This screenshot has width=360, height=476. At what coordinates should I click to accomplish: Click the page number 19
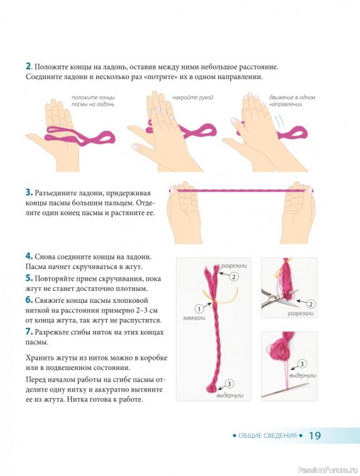click(x=314, y=436)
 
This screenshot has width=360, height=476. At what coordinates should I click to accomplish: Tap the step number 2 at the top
click(x=28, y=66)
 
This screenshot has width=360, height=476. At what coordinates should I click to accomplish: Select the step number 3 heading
click(x=29, y=192)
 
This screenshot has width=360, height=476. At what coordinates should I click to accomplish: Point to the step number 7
click(x=29, y=331)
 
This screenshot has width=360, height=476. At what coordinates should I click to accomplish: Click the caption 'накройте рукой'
click(x=193, y=98)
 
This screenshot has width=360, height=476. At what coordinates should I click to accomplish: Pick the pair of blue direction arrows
click(x=280, y=121)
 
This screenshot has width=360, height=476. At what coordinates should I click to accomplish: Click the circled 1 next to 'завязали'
click(x=199, y=309)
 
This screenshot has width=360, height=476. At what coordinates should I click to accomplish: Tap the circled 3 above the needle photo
click(x=302, y=364)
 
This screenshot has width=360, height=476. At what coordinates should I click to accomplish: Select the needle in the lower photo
click(x=286, y=390)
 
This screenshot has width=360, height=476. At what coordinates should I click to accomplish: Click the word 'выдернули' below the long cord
click(x=230, y=396)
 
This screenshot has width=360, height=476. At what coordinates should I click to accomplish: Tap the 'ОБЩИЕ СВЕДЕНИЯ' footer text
click(x=267, y=436)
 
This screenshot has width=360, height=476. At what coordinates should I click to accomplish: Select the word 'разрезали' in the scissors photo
click(x=300, y=314)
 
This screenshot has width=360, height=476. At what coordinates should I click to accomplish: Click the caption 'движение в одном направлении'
click(x=292, y=101)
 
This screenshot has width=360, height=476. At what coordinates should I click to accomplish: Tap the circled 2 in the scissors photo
click(x=311, y=303)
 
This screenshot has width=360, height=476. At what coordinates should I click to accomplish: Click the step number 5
click(x=29, y=278)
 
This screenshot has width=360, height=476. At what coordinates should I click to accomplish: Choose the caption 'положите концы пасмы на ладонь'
click(x=93, y=101)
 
